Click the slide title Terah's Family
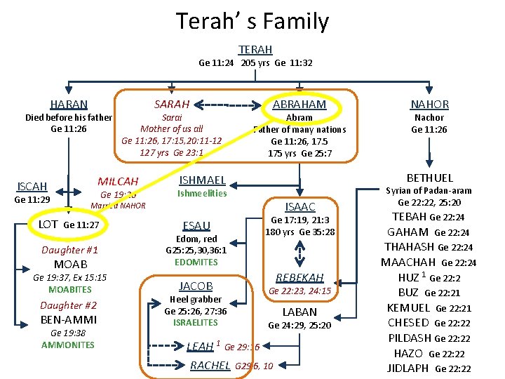tap(252, 22)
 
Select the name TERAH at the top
tap(255, 49)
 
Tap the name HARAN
tap(69, 105)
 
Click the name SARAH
tap(171, 104)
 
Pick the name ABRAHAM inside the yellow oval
tap(299, 104)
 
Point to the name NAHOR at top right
tap(429, 104)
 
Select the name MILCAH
tap(118, 181)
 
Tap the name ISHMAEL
tap(202, 180)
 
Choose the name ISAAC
tap(299, 206)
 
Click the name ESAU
tap(196, 225)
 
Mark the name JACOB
tap(196, 286)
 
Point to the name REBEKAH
tap(299, 277)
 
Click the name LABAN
tap(299, 312)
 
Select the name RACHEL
tap(210, 365)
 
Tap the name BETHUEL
tap(429, 178)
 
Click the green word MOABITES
tap(70, 289)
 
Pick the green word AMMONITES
tap(68, 345)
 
